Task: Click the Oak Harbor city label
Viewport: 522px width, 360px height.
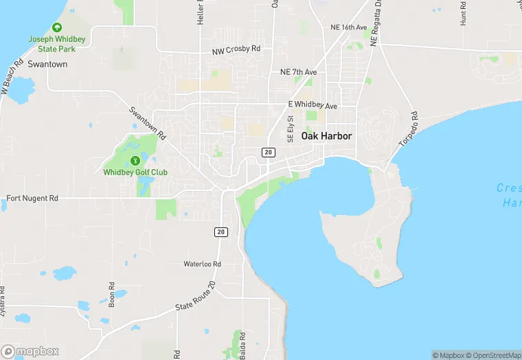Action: [326, 136]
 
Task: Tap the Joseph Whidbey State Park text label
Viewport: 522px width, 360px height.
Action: [57, 44]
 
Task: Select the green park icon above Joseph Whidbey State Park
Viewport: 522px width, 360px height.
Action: [57, 27]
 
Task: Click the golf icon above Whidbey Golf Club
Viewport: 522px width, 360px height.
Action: [135, 161]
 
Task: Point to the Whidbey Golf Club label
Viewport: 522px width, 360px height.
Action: [135, 172]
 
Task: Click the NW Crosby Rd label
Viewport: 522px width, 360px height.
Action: [236, 50]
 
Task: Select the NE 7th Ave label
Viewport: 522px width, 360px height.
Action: [298, 72]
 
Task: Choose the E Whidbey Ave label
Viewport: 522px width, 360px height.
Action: [313, 106]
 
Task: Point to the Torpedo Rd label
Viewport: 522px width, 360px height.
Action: [409, 129]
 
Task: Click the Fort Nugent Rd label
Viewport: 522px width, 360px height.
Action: [32, 198]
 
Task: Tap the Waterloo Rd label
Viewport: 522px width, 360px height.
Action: [202, 264]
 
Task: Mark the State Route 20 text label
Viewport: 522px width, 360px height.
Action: [196, 295]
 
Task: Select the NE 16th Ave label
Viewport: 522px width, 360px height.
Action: [350, 27]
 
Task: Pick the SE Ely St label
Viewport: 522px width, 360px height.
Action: [290, 129]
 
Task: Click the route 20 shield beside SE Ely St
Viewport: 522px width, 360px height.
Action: [269, 152]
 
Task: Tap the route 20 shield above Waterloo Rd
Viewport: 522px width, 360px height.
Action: [220, 232]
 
